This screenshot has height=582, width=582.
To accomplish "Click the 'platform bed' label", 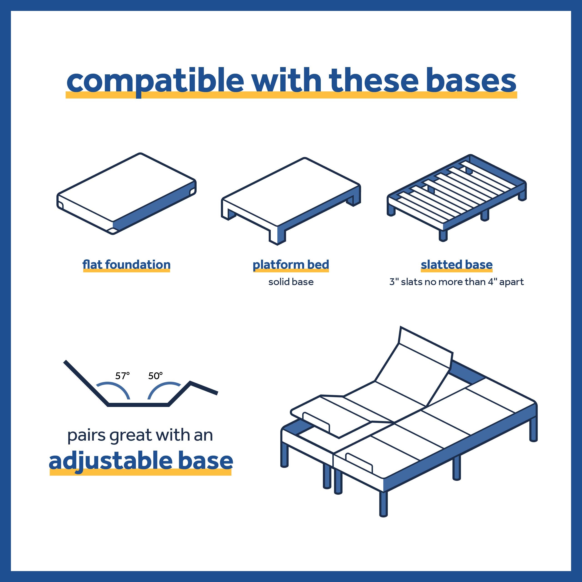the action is pos(291,265).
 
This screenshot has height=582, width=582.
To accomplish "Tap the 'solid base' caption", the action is pos(291,282).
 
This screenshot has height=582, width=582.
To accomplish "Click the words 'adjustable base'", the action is pos(141,461).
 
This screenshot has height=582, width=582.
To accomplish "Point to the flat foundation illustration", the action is pos(127,193).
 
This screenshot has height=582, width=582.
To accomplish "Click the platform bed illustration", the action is pos(291,201).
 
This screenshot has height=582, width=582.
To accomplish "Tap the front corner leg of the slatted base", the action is pos(443,235).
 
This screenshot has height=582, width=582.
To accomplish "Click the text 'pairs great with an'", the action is pos(140,436).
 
